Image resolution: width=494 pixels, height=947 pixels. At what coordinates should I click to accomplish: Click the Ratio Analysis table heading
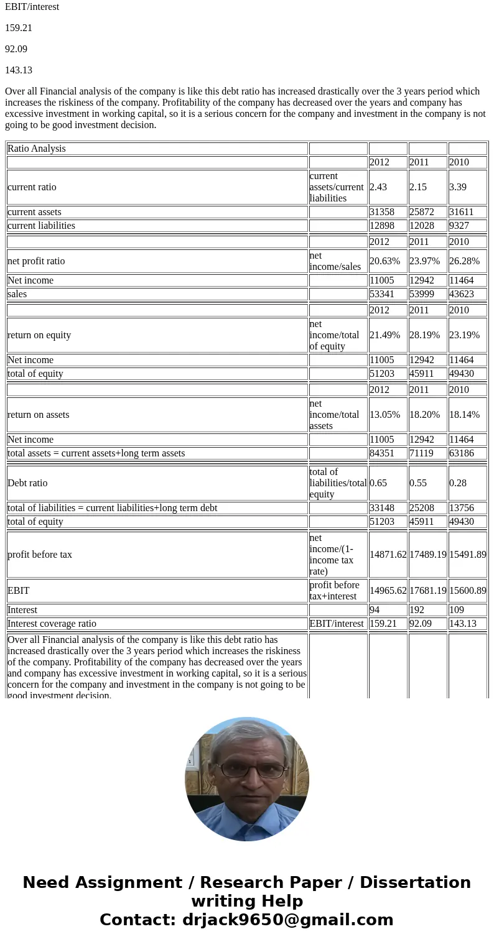[37, 149]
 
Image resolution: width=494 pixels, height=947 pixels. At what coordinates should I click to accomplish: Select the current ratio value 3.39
[458, 187]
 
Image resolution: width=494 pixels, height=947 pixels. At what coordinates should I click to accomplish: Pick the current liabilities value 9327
[461, 226]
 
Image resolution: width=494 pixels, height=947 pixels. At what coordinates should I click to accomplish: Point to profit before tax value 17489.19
[427, 555]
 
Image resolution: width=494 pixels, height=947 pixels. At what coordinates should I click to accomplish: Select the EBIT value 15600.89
[467, 591]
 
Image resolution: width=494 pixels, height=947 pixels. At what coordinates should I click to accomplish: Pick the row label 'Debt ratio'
[27, 483]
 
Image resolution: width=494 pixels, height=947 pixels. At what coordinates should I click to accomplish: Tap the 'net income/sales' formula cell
[335, 261]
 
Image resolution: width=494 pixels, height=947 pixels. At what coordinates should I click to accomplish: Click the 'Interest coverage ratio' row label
[52, 624]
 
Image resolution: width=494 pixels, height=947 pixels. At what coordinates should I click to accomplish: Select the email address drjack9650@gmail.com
[287, 920]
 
